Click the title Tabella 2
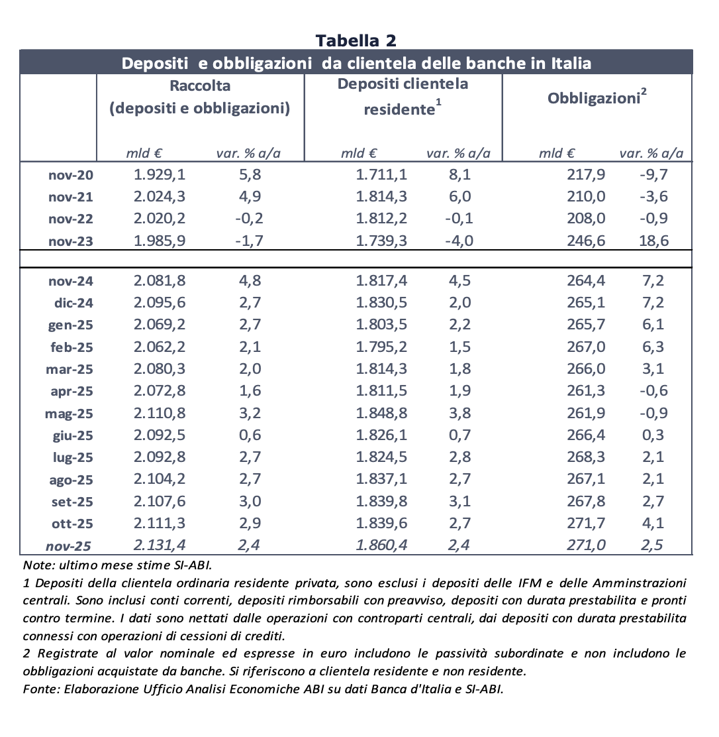(356, 40)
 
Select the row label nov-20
(71, 176)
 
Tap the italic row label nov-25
(68, 546)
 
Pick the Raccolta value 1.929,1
(160, 175)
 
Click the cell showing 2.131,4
(160, 545)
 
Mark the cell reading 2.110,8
(160, 413)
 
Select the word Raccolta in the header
(200, 85)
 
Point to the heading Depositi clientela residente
(403, 97)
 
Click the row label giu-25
(72, 435)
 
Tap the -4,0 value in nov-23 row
(458, 241)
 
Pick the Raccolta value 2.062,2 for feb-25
(160, 347)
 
